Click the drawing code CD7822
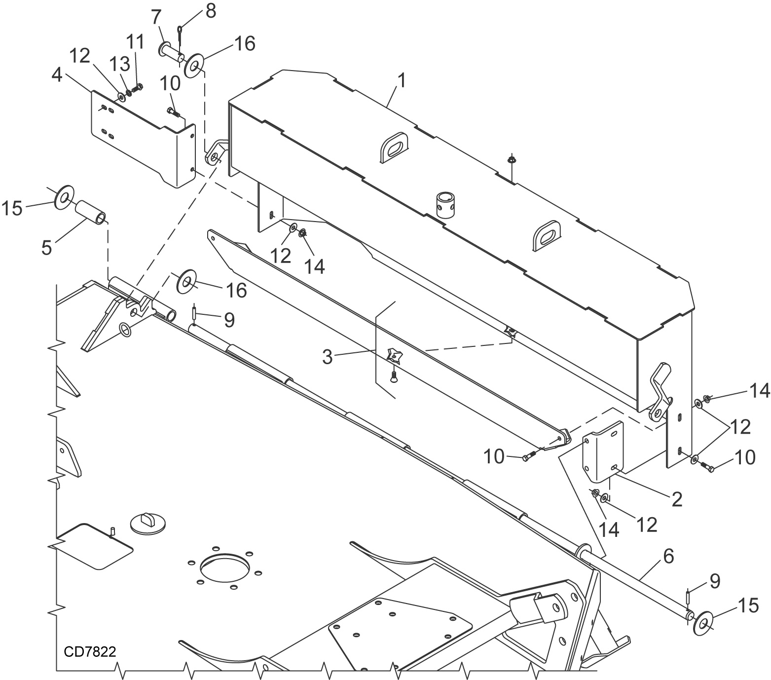(x=90, y=651)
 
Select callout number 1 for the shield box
(x=402, y=80)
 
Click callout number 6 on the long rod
(x=668, y=556)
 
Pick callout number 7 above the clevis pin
(x=156, y=17)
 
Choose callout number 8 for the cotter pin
(x=211, y=11)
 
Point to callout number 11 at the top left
(x=136, y=42)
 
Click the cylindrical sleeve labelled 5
(x=90, y=212)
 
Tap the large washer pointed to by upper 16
(x=194, y=66)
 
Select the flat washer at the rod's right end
(x=702, y=623)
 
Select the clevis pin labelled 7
(x=171, y=52)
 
